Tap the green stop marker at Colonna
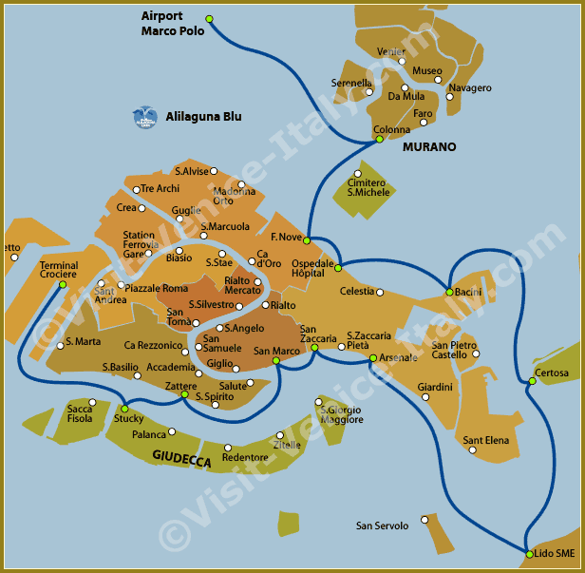pyautogui.click(x=379, y=140)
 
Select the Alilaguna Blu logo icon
pyautogui.click(x=144, y=117)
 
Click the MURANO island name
pyautogui.click(x=429, y=147)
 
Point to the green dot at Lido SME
pyautogui.click(x=529, y=553)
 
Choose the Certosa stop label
pyautogui.click(x=552, y=373)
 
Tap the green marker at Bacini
pyautogui.click(x=449, y=291)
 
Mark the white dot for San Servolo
pyautogui.click(x=425, y=520)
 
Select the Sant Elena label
pyautogui.click(x=486, y=441)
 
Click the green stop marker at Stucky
pyautogui.click(x=124, y=409)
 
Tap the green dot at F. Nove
pyautogui.click(x=307, y=240)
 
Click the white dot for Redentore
pyautogui.click(x=228, y=448)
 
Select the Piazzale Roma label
pyautogui.click(x=157, y=288)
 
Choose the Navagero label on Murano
pyautogui.click(x=470, y=88)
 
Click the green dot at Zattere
pyautogui.click(x=184, y=394)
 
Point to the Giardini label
pyautogui.click(x=435, y=387)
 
